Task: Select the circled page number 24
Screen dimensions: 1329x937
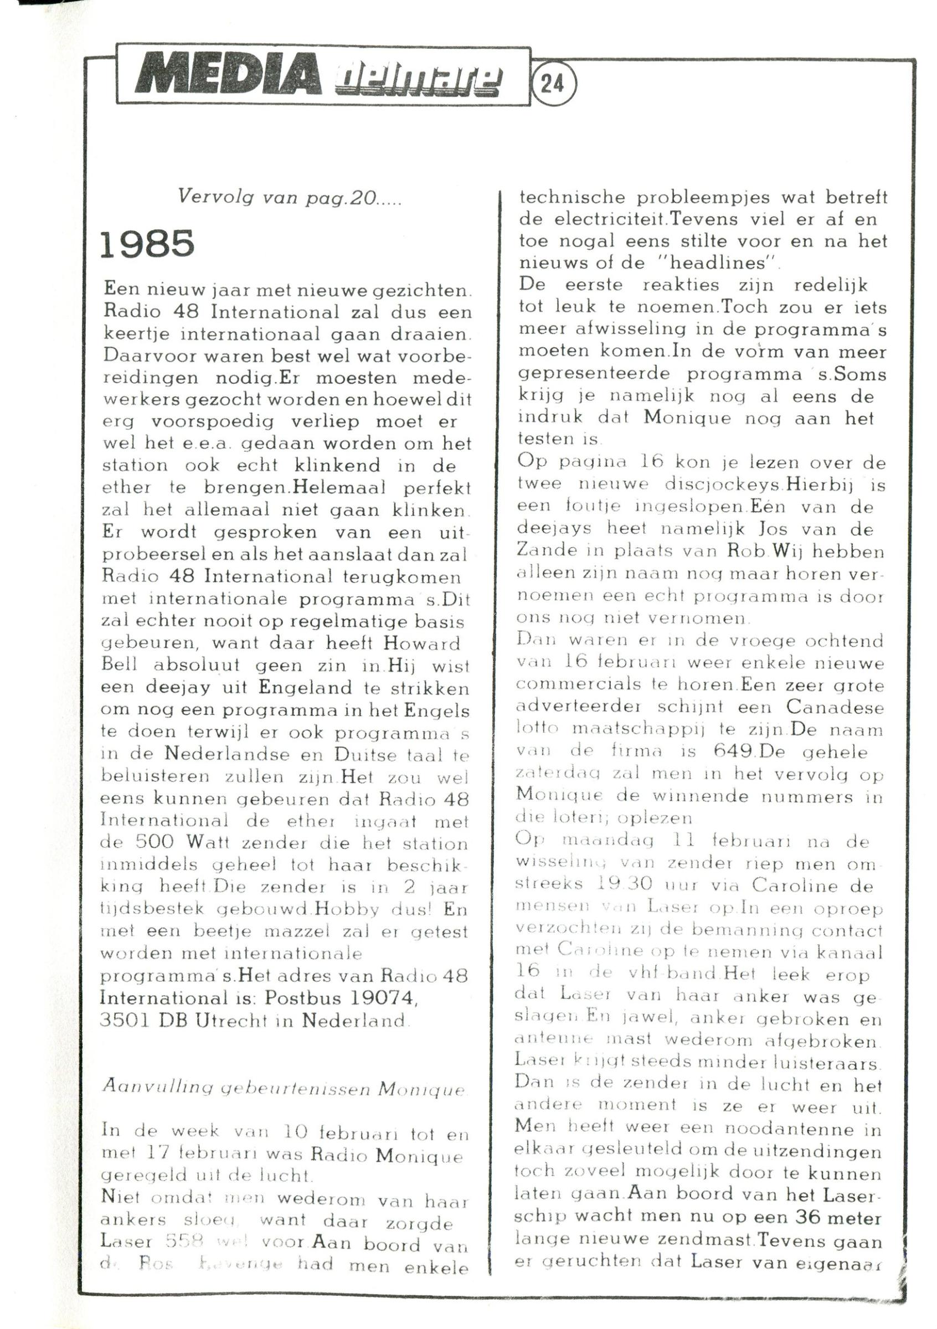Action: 552,85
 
